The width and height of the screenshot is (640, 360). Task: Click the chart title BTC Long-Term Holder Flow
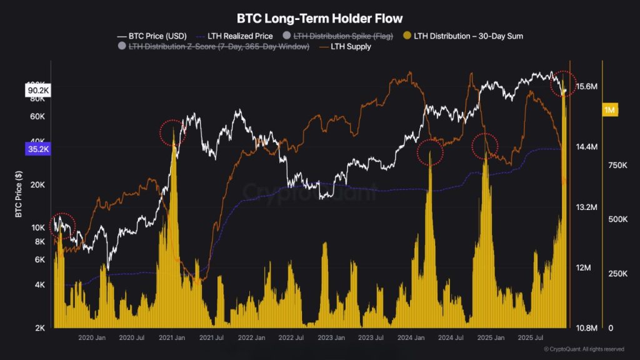click(x=319, y=19)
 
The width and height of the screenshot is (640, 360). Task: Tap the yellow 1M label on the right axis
click(x=610, y=111)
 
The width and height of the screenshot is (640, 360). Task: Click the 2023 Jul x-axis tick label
click(x=372, y=338)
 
